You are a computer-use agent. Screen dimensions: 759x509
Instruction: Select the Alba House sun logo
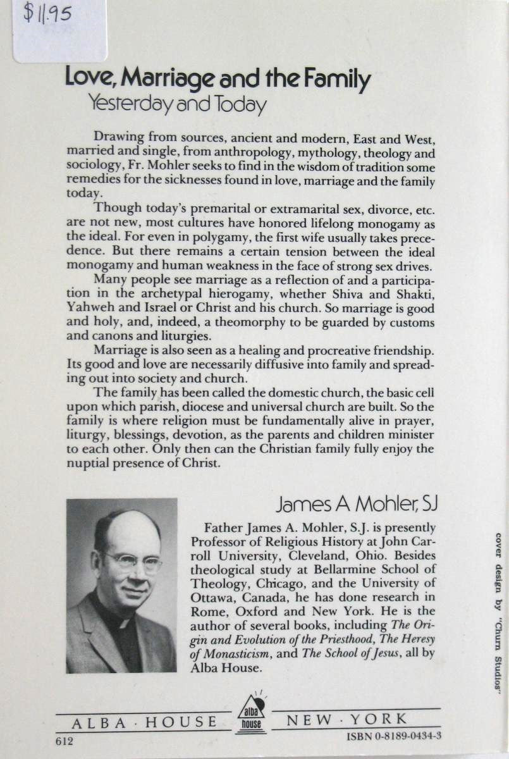(x=251, y=716)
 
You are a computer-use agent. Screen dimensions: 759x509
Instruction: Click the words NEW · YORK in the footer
(x=347, y=719)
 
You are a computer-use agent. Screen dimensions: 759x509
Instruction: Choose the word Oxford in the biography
(x=269, y=610)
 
